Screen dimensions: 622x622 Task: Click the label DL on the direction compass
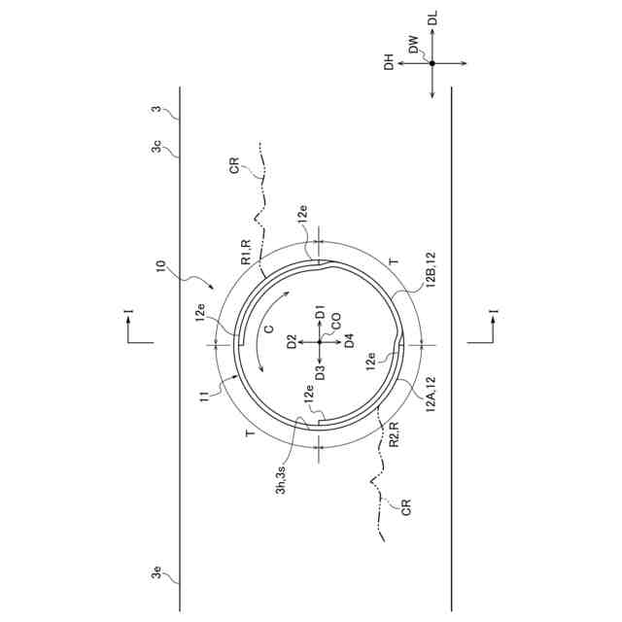tap(433, 18)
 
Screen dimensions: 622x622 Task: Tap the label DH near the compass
tap(389, 62)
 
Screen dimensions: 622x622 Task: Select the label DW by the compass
tap(413, 44)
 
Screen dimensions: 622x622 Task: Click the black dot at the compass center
tap(432, 63)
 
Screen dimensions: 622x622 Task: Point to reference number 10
tap(160, 265)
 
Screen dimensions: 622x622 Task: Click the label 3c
tap(156, 147)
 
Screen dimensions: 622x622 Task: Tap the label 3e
tap(156, 572)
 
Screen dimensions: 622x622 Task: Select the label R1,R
tap(246, 252)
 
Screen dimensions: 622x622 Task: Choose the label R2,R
tap(394, 434)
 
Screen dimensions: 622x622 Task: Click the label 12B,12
tap(432, 268)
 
